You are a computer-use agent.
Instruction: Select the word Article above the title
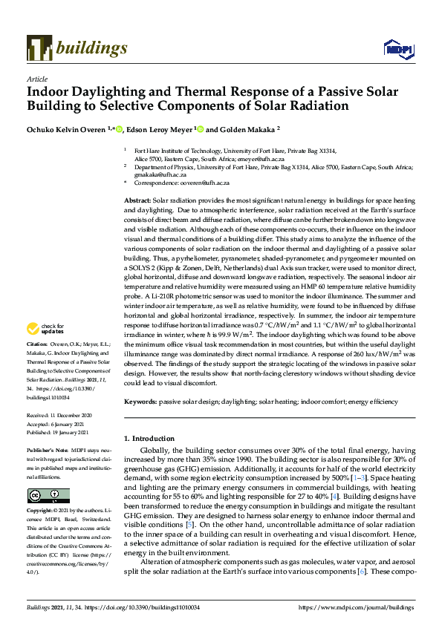tap(36, 79)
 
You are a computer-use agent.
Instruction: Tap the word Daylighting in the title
tap(108, 93)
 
